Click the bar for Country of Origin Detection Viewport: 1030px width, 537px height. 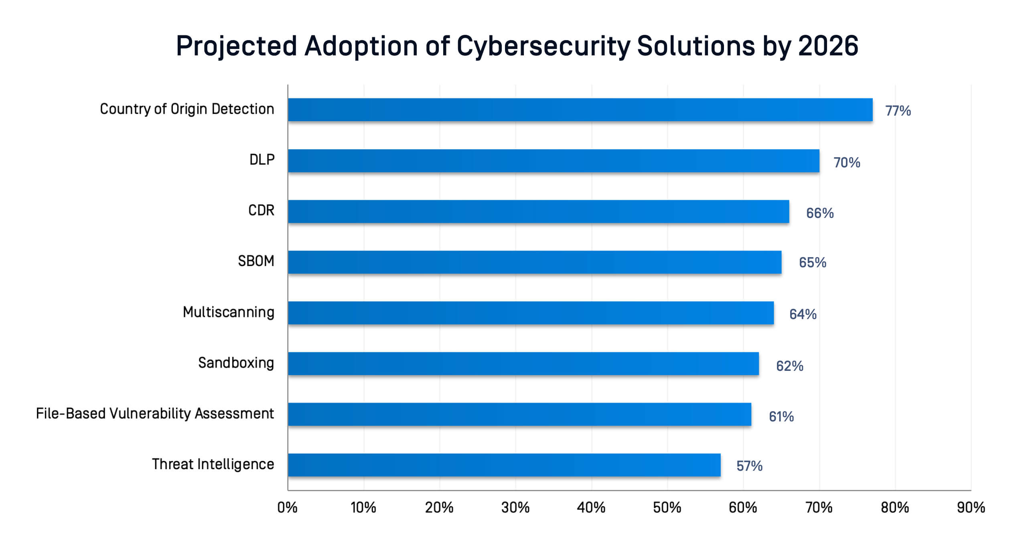[580, 110]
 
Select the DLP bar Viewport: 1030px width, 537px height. [554, 161]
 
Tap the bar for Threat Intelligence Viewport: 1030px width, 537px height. [504, 465]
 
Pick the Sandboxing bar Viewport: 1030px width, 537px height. [523, 364]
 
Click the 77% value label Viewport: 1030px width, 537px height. [898, 111]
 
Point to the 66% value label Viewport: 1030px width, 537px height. [820, 213]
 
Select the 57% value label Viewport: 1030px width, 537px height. [749, 466]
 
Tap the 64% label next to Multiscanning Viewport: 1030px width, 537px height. [803, 314]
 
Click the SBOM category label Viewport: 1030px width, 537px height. [256, 261]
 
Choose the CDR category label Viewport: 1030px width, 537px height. [261, 210]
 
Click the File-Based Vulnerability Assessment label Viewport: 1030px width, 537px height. [155, 413]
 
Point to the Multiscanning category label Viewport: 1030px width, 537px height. [228, 312]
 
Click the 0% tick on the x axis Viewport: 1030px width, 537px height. [287, 508]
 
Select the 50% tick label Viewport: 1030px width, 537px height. [667, 508]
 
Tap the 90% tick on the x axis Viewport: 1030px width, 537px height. [971, 508]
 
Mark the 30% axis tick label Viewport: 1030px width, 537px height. [515, 508]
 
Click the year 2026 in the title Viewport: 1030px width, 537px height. [828, 46]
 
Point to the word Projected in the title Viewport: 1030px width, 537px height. [237, 47]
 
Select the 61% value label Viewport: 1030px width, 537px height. [781, 417]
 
